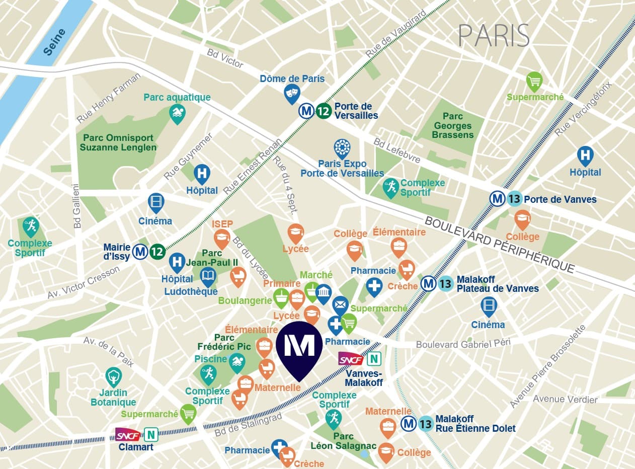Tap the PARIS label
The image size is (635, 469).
(x=494, y=35)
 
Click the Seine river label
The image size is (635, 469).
(x=54, y=41)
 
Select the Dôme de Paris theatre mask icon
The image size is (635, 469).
(x=292, y=93)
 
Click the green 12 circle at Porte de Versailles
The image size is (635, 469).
(x=324, y=111)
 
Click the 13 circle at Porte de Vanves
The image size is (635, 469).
(x=514, y=199)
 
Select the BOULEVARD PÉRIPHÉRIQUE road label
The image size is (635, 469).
(x=499, y=245)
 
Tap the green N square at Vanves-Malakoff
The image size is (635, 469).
(x=374, y=359)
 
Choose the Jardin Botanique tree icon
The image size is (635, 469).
(x=114, y=376)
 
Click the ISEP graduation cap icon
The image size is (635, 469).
(x=222, y=238)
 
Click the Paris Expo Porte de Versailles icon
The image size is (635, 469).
(x=342, y=148)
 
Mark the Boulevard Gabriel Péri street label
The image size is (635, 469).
(x=463, y=344)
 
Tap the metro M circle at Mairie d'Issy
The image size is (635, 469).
(x=140, y=251)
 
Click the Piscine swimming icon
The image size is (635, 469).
(x=237, y=361)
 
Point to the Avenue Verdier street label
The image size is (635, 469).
(x=565, y=400)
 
